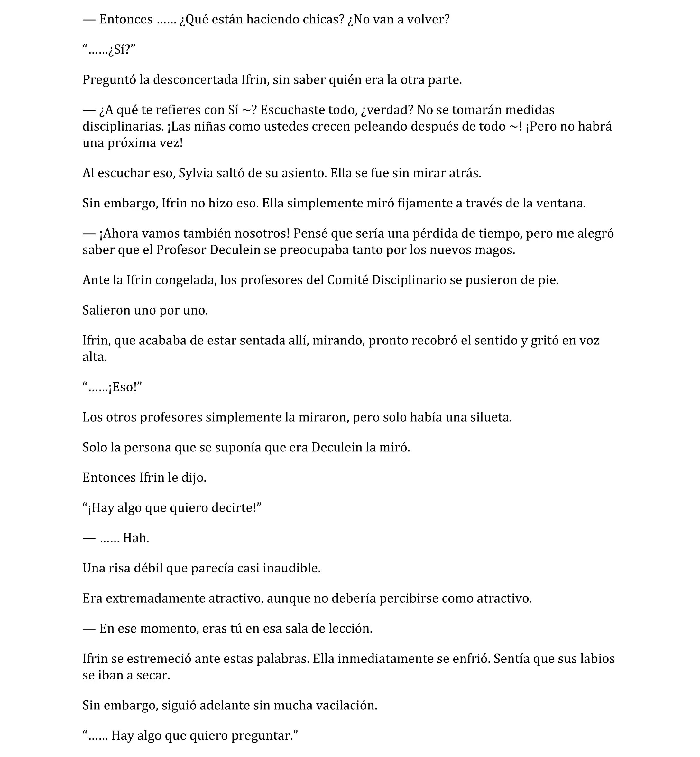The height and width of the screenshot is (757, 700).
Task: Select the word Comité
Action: [x=348, y=280]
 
